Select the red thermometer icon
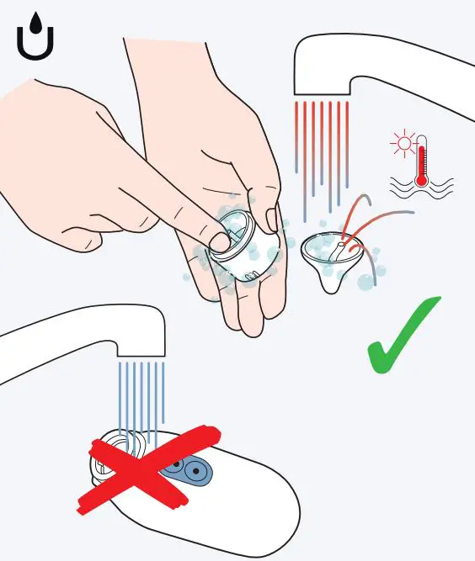point(421,160)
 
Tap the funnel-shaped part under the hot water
point(332,257)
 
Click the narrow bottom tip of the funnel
point(332,285)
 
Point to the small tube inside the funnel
point(338,249)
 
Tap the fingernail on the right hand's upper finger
point(271,220)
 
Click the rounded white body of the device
point(244,505)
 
